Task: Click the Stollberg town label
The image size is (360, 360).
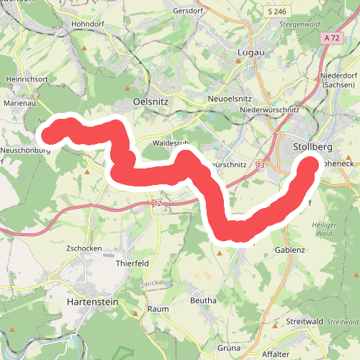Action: (x=313, y=148)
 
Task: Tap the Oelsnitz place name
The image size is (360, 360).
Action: (x=151, y=102)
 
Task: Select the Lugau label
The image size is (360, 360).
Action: (x=249, y=53)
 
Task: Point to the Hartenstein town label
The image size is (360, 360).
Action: (x=91, y=302)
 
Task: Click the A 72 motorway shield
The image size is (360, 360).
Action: (x=331, y=37)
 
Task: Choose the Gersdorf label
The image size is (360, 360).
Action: (x=190, y=11)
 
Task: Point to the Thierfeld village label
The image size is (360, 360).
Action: (x=132, y=264)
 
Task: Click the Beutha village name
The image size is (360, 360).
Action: (x=203, y=299)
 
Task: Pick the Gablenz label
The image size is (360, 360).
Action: (x=290, y=250)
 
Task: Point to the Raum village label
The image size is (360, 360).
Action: (x=158, y=309)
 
